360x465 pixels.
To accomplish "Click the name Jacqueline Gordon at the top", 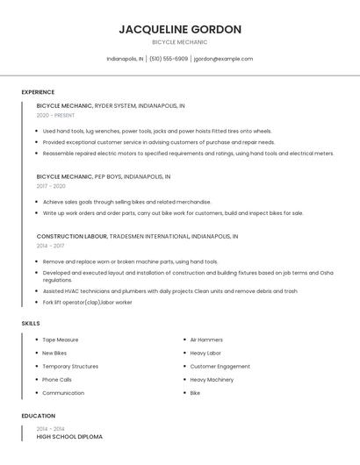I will pyautogui.click(x=180, y=29).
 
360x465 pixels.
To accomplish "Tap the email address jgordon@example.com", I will pyautogui.click(x=223, y=59).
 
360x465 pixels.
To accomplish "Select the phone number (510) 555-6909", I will pyautogui.click(x=169, y=59).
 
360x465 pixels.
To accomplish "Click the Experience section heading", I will pyautogui.click(x=38, y=92).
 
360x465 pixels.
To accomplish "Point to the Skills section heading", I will pyautogui.click(x=31, y=324).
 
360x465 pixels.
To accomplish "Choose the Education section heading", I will pyautogui.click(x=39, y=416).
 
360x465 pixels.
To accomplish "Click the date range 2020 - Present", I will pyautogui.click(x=56, y=115).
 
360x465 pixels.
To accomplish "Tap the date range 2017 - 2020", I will pyautogui.click(x=51, y=186).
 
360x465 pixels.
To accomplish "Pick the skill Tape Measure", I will pyautogui.click(x=61, y=340).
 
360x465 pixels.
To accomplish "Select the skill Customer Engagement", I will pyautogui.click(x=220, y=367).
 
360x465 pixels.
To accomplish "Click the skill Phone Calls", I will pyautogui.click(x=57, y=380).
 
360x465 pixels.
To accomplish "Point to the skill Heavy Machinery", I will pyautogui.click(x=212, y=380).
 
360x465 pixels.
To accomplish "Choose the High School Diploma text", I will pyautogui.click(x=69, y=436).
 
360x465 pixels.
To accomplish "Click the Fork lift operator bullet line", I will pyautogui.click(x=87, y=302).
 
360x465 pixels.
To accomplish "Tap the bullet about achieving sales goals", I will pyautogui.click(x=126, y=201).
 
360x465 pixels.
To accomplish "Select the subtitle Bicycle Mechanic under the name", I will pyautogui.click(x=180, y=42).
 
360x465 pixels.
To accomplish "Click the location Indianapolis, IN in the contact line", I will pyautogui.click(x=125, y=59).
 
